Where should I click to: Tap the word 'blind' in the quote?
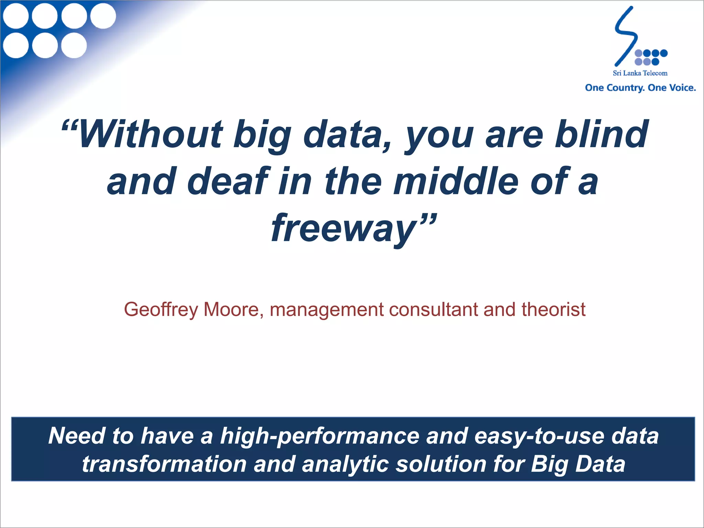tap(602, 134)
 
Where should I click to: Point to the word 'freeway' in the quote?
tap(344, 228)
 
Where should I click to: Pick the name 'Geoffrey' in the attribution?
tap(161, 309)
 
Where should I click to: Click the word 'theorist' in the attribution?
tap(553, 309)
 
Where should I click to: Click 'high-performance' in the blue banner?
tap(320, 436)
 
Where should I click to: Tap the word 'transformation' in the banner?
tap(164, 464)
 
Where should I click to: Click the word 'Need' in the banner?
tap(76, 436)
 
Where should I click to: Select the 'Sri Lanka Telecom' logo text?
tap(640, 73)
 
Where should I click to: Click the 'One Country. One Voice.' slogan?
tap(640, 88)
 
